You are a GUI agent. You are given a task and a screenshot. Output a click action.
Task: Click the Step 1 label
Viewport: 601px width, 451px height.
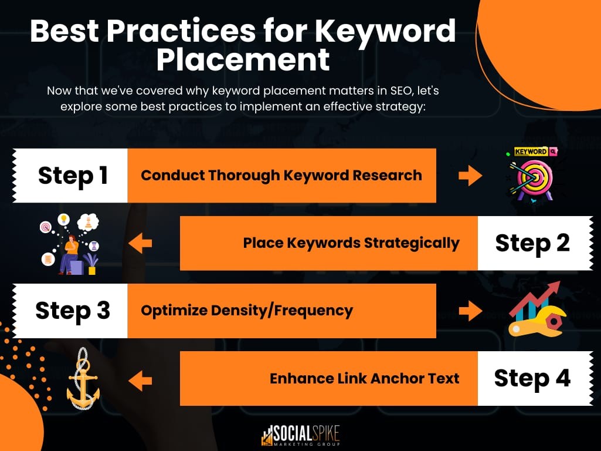73,176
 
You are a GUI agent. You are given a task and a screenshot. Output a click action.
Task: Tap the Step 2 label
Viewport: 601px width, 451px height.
532,243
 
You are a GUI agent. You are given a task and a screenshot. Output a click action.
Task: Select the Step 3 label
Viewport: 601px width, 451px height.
73,311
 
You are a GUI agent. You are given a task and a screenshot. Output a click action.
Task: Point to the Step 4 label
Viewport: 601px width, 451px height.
532,378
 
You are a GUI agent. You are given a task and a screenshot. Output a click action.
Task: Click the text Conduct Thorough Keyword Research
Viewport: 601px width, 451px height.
281,176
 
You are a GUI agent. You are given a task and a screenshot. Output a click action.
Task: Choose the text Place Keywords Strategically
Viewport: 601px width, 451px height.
351,243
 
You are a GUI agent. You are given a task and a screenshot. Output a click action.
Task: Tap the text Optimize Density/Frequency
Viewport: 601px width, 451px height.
247,311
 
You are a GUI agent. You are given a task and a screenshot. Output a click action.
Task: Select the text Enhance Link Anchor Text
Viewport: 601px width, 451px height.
364,378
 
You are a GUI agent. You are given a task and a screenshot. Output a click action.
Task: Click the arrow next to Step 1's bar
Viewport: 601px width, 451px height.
470,176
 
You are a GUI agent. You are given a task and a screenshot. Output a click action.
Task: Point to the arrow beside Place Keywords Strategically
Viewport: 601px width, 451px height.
140,243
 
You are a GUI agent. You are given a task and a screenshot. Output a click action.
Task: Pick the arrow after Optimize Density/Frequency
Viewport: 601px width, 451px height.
470,311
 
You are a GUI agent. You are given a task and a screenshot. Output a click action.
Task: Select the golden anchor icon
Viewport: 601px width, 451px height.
83,379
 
